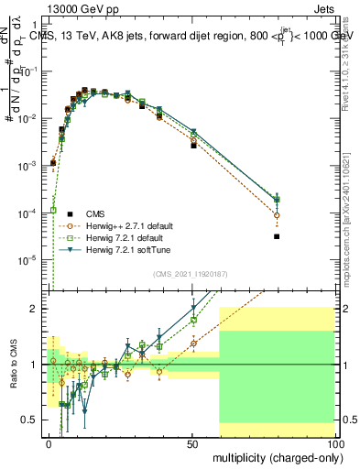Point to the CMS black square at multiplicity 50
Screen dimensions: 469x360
(193, 146)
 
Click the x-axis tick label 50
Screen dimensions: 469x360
(192, 443)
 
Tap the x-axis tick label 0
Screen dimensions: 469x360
(49, 443)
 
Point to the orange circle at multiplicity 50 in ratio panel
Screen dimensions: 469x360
(193, 344)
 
